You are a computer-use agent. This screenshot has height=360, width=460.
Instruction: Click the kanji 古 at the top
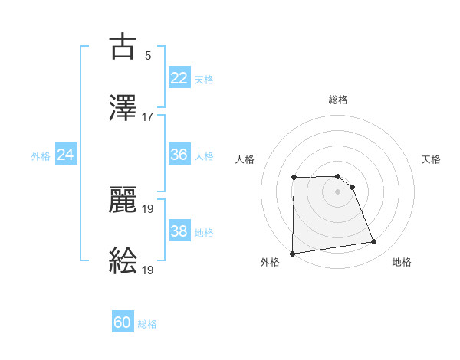click(x=123, y=47)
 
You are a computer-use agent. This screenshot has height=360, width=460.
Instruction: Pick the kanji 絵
click(x=123, y=260)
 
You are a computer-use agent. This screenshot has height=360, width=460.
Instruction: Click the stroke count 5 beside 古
click(x=148, y=56)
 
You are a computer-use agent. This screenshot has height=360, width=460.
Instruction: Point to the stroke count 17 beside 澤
click(x=148, y=116)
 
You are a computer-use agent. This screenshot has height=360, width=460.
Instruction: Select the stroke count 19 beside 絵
click(x=148, y=270)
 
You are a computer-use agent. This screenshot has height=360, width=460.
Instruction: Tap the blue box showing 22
click(x=179, y=78)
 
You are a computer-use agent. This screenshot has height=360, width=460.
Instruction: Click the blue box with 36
click(x=179, y=155)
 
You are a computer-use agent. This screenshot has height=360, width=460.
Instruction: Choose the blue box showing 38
click(x=179, y=231)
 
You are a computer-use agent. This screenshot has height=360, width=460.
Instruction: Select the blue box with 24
click(x=66, y=155)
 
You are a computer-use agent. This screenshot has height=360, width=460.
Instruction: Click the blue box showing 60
click(x=123, y=323)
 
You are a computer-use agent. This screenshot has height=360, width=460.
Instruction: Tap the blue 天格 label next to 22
click(x=204, y=79)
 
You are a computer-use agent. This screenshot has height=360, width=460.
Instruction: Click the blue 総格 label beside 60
click(x=147, y=324)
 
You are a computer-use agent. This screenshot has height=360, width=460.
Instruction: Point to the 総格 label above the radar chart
click(x=338, y=100)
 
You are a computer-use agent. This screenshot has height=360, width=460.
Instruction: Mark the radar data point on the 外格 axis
click(x=292, y=254)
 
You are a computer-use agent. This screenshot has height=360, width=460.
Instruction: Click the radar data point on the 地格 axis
click(x=374, y=242)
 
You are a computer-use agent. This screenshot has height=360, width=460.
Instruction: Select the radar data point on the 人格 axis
click(x=294, y=178)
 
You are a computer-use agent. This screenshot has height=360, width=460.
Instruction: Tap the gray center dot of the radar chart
click(x=338, y=191)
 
